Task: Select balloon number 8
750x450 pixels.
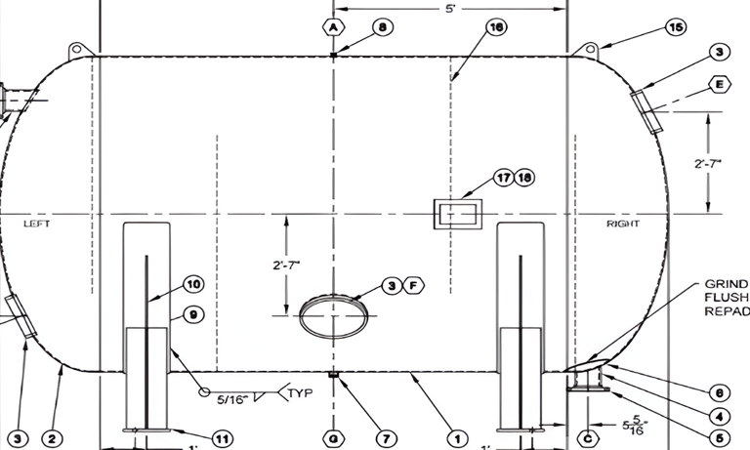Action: click(x=383, y=26)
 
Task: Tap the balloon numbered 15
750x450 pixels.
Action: click(x=675, y=26)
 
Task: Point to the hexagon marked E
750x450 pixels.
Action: click(x=721, y=85)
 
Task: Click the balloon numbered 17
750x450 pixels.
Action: click(x=503, y=179)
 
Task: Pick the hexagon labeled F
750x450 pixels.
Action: click(x=413, y=285)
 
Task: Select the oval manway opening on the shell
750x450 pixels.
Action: click(x=334, y=314)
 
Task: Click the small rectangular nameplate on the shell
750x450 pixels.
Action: click(x=457, y=214)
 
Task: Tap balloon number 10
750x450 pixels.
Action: click(x=192, y=284)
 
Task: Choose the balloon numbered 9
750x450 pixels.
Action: click(x=192, y=314)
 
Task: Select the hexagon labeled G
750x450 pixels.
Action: click(x=334, y=438)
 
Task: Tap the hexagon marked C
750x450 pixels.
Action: click(x=588, y=438)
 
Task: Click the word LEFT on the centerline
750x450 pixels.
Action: click(x=35, y=224)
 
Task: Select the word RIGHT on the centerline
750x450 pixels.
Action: click(x=623, y=224)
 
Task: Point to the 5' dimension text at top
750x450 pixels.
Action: click(x=451, y=8)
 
